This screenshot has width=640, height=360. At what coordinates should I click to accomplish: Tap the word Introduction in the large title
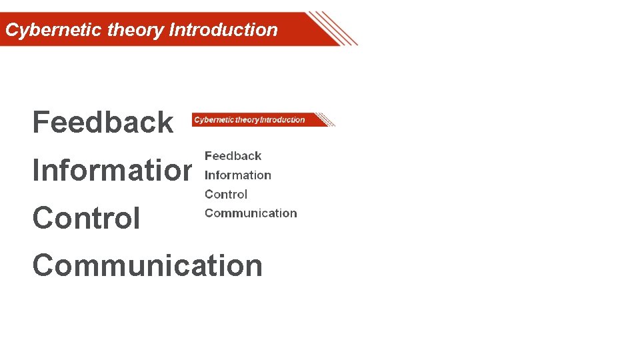(223, 30)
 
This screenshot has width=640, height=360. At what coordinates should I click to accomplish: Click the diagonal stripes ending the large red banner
(333, 29)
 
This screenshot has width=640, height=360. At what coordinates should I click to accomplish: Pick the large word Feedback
(103, 123)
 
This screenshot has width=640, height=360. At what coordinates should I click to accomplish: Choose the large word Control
(86, 219)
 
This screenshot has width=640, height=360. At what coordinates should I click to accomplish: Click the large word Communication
(147, 266)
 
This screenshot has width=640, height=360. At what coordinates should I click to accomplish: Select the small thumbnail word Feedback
(233, 156)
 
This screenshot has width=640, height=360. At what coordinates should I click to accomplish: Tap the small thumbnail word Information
(237, 175)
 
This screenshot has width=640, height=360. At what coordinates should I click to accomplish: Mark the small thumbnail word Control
(225, 195)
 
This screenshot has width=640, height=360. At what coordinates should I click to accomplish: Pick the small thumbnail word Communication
(251, 213)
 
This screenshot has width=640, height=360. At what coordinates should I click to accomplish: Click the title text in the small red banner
(249, 120)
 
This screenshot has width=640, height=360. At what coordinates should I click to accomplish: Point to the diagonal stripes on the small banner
(325, 120)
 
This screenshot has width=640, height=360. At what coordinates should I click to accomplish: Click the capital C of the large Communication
(43, 266)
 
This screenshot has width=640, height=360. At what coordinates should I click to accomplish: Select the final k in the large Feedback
(165, 123)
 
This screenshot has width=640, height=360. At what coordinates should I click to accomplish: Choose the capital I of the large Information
(36, 171)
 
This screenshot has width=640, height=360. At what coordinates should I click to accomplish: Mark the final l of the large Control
(137, 219)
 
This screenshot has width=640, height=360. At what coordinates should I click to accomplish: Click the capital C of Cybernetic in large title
(11, 30)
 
